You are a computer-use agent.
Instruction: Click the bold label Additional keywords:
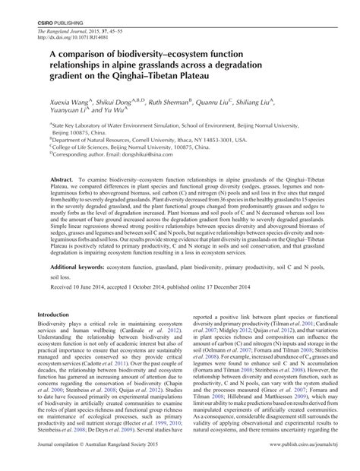[x=84, y=268]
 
